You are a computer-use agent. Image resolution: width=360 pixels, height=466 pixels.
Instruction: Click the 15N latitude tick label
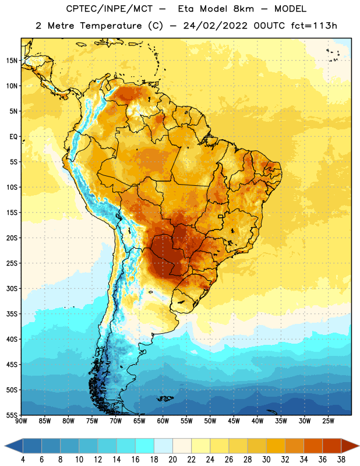[12, 61]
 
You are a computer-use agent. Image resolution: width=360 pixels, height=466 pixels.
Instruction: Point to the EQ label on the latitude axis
[13, 137]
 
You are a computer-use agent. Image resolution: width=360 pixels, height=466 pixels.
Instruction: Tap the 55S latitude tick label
[12, 415]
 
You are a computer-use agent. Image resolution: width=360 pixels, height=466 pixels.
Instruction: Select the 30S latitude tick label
[12, 288]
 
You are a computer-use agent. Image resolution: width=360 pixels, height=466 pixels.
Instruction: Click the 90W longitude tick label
[21, 421]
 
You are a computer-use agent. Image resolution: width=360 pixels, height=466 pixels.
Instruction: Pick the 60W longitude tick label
[163, 421]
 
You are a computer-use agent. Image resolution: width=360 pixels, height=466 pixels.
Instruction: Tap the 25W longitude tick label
[328, 421]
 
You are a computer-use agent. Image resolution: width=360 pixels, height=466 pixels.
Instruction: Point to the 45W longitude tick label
[234, 421]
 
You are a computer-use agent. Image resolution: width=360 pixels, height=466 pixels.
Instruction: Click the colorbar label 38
[341, 460]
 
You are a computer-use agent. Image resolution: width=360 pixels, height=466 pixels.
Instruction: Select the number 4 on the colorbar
[23, 460]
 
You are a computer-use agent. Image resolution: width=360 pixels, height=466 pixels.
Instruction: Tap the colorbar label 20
[172, 460]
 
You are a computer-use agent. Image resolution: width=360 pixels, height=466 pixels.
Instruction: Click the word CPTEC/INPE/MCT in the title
[109, 9]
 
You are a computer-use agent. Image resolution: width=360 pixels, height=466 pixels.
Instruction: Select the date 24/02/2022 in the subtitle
[215, 26]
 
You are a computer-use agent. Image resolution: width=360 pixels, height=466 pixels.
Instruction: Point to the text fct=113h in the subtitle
[314, 26]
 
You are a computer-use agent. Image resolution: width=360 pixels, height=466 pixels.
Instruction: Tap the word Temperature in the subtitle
[111, 26]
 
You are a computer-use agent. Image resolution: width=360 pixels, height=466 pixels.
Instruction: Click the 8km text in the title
[243, 9]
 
